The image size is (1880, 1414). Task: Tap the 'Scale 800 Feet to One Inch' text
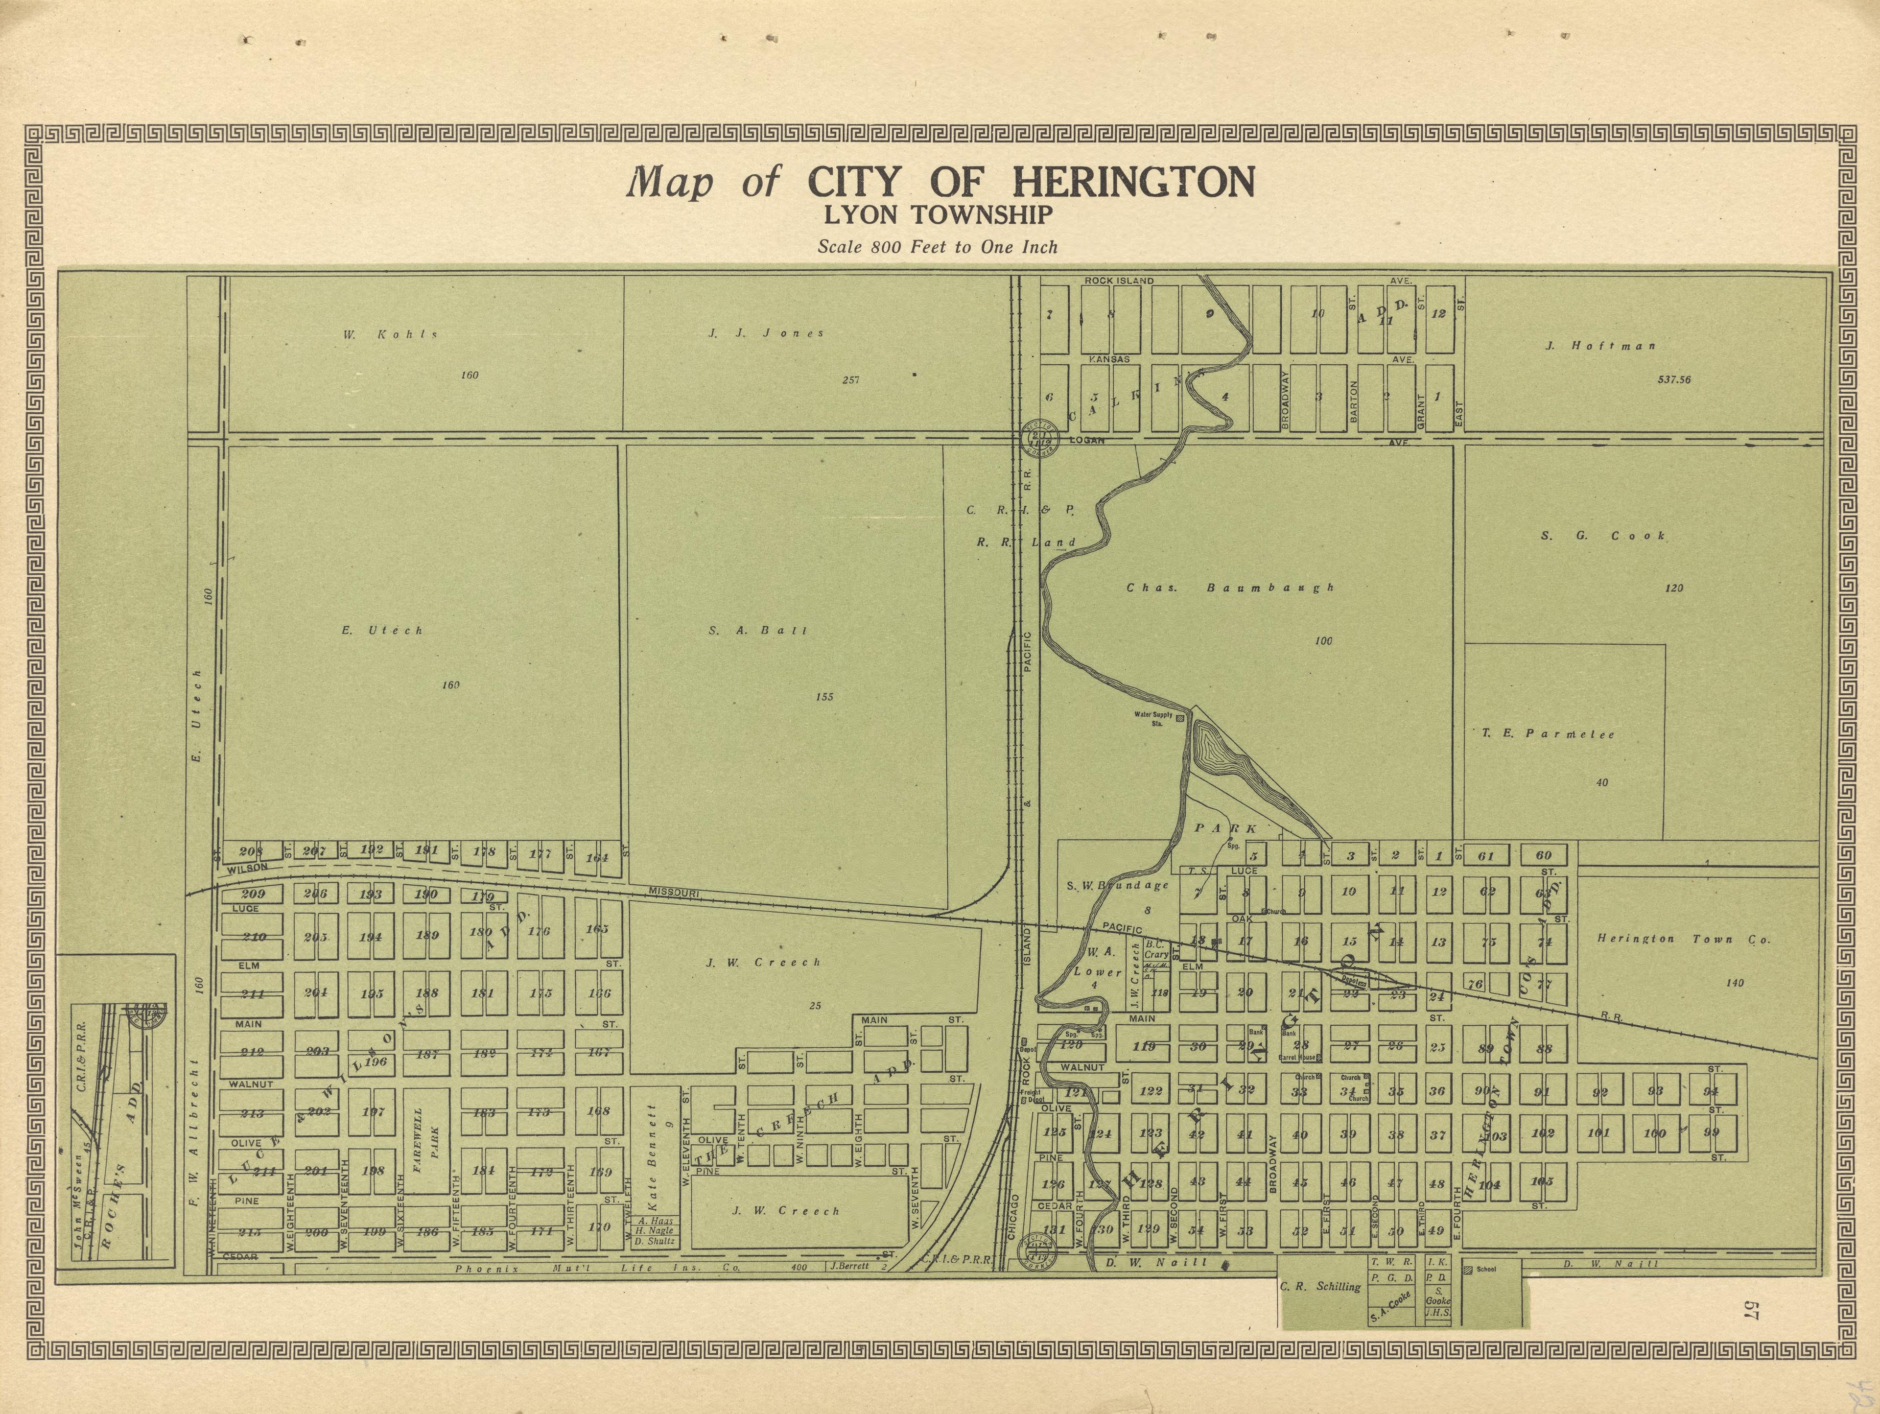point(938,247)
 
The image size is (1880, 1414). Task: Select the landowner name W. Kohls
point(391,335)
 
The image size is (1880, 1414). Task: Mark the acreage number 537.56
point(1673,380)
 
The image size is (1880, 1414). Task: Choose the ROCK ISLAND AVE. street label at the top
point(1119,281)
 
